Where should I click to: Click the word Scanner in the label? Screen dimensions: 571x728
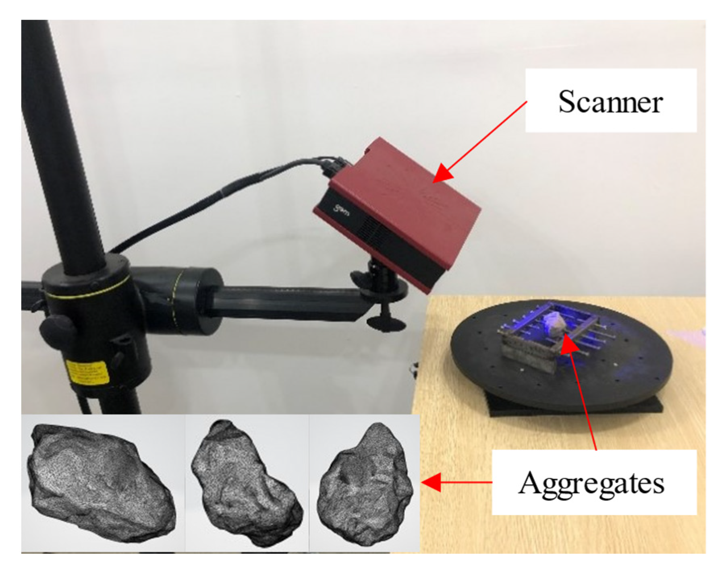tap(610, 101)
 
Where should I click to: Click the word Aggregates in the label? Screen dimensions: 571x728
tap(591, 483)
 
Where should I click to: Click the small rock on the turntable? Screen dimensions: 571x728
tap(555, 324)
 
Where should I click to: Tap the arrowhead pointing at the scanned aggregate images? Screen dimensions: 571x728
tap(431, 482)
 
